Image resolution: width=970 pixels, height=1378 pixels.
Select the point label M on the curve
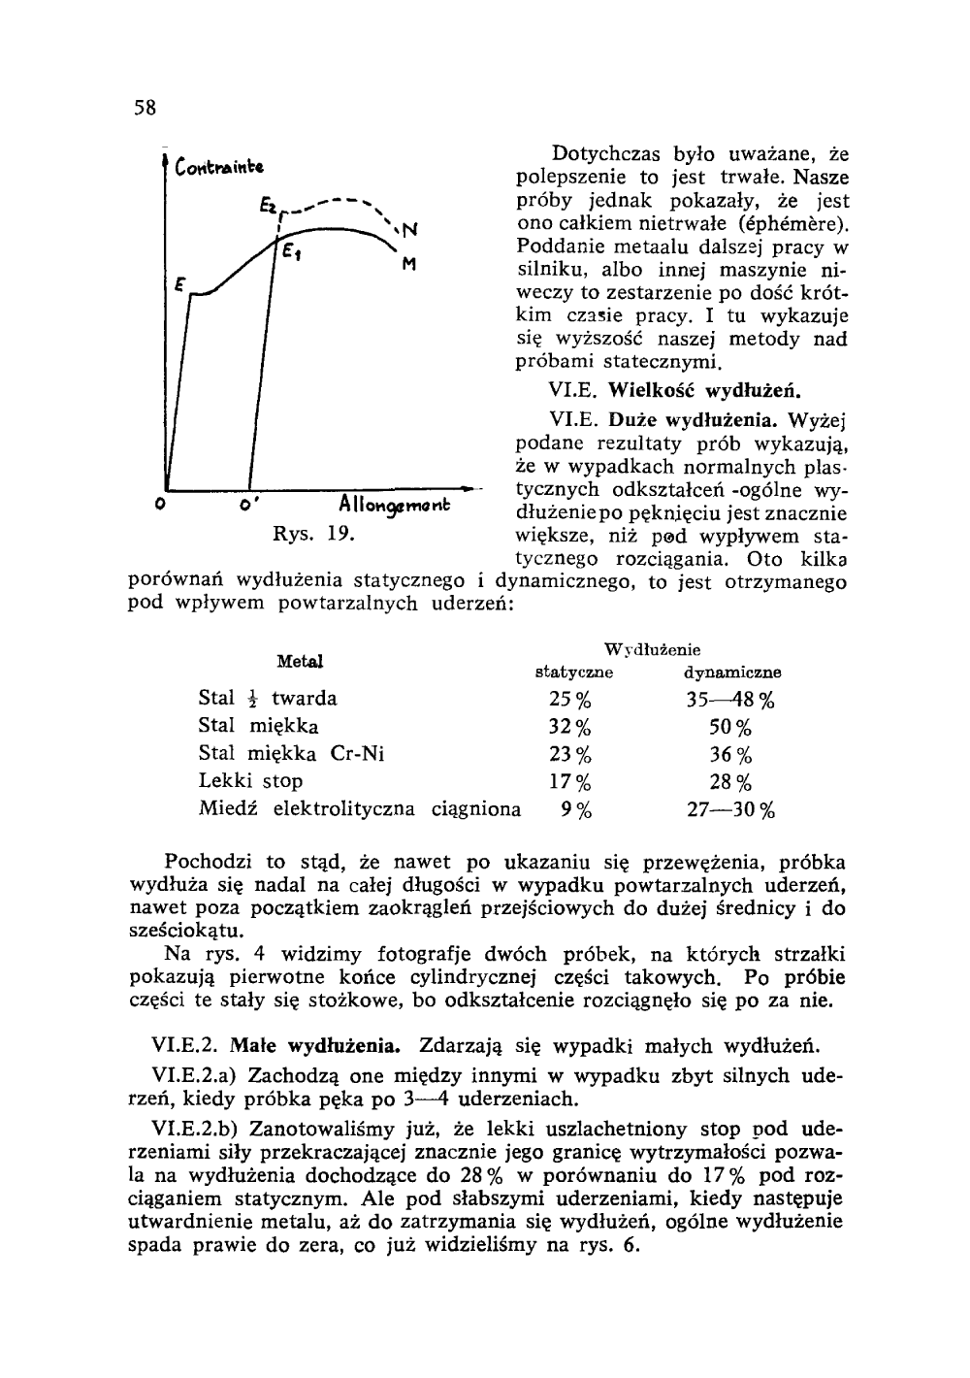click(x=409, y=263)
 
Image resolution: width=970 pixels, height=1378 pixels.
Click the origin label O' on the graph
click(x=249, y=507)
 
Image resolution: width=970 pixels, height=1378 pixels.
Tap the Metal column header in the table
click(x=300, y=662)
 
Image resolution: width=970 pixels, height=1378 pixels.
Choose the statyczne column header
click(x=575, y=672)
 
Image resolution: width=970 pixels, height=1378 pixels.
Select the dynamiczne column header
click(x=732, y=672)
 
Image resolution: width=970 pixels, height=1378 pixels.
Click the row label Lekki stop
click(x=250, y=781)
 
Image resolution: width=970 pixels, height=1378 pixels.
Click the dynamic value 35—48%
click(x=730, y=700)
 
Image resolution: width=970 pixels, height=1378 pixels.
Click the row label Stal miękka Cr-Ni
click(x=290, y=754)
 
